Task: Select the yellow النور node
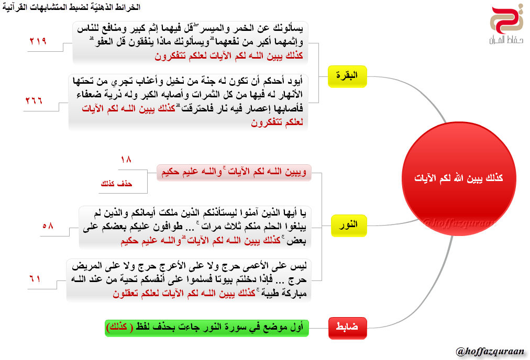(348, 224)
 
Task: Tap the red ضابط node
(348, 328)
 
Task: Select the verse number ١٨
(126, 159)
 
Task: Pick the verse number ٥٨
(48, 226)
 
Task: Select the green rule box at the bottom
(207, 328)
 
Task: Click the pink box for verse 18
(234, 172)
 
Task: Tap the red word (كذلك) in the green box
(119, 328)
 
